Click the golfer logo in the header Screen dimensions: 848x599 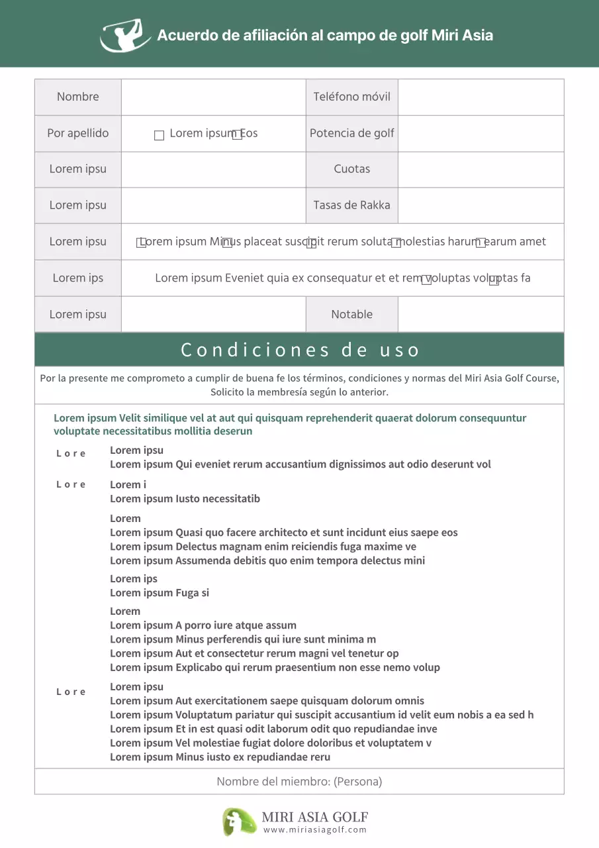coord(125,35)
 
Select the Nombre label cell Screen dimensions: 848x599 coord(77,97)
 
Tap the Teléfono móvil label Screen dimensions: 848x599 coord(351,97)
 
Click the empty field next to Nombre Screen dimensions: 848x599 coord(213,97)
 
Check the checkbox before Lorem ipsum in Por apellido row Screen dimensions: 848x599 coord(159,135)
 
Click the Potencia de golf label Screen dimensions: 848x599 coord(351,133)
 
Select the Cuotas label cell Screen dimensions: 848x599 coord(351,169)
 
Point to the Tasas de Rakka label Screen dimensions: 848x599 coord(351,205)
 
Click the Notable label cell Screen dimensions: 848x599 coord(351,315)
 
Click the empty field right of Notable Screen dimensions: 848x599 coord(481,315)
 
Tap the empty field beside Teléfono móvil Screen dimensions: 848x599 coord(481,97)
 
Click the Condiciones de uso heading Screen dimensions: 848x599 coord(300,350)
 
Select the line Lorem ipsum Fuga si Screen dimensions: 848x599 coord(160,593)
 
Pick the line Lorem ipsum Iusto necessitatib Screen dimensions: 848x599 coord(185,499)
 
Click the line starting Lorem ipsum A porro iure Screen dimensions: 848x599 coord(203,625)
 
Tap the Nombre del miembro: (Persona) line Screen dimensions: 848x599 coord(299,782)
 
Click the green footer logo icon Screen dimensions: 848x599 coord(239,821)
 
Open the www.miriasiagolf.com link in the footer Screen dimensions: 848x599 coord(314,830)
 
